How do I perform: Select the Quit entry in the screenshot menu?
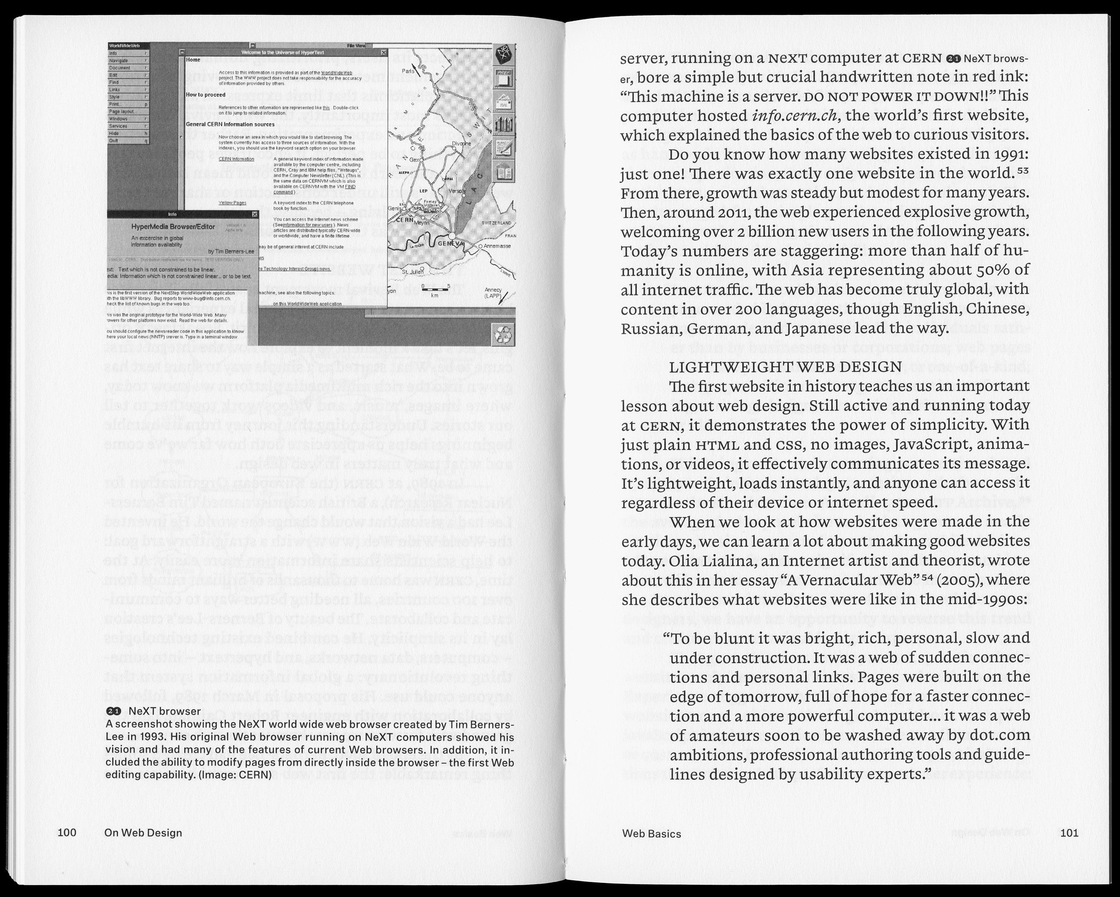114,141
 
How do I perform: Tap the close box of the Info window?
255,214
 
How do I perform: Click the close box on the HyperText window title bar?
383,53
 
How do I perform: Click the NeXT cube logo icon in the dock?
504,53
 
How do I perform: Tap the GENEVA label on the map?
449,244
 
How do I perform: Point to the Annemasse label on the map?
498,246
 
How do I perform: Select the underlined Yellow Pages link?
232,203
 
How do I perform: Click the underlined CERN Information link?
236,159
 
